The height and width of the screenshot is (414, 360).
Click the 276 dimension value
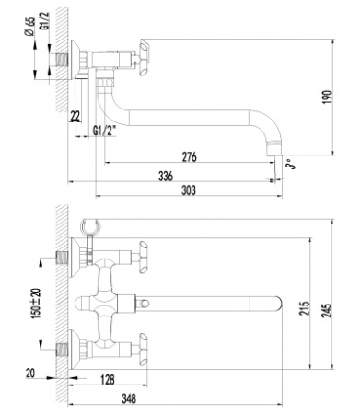189,156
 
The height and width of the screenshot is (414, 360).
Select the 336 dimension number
166,177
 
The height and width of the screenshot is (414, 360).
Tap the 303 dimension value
188,190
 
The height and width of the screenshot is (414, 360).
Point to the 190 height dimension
328,97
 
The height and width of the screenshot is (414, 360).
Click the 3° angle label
292,164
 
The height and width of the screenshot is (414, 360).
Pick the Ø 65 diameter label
30,27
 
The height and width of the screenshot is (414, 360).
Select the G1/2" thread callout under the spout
104,131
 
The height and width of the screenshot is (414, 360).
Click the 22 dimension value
75,116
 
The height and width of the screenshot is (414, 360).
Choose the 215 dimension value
305,308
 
